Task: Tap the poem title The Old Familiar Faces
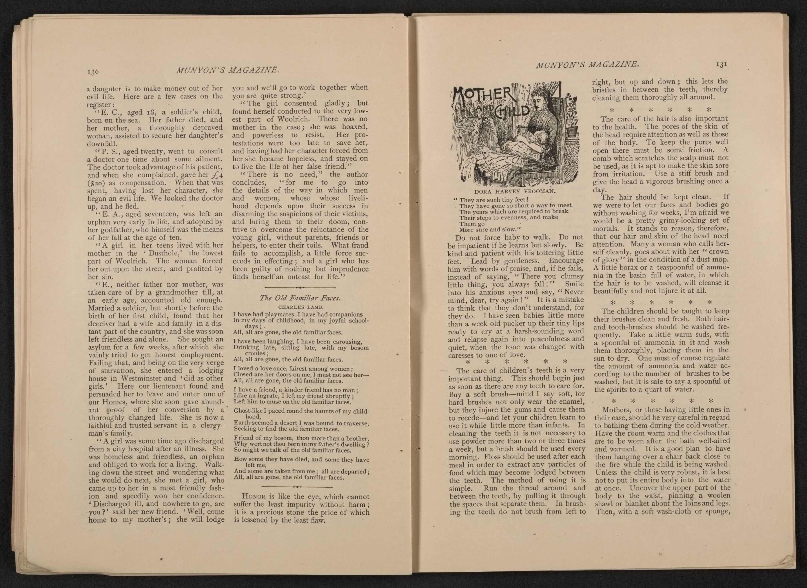pyautogui.click(x=301, y=298)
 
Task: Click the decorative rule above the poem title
pyautogui.click(x=301, y=287)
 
